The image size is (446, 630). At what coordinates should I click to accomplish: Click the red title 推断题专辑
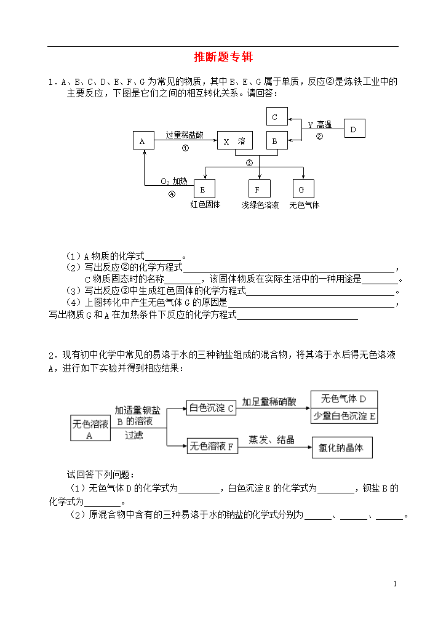click(x=223, y=57)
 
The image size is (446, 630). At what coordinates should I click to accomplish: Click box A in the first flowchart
click(x=143, y=141)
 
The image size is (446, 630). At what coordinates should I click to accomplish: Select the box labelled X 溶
click(x=235, y=141)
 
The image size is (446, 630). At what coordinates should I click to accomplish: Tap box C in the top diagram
click(x=277, y=116)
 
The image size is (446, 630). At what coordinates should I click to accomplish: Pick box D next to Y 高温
click(x=354, y=129)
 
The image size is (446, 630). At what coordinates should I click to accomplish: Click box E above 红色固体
click(x=204, y=189)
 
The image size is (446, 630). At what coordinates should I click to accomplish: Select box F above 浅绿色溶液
click(x=260, y=189)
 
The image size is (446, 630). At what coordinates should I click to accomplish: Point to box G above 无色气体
click(x=303, y=189)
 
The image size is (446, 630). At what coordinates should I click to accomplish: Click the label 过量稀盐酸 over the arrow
click(x=185, y=135)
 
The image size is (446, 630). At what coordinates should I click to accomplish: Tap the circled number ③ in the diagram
click(x=250, y=162)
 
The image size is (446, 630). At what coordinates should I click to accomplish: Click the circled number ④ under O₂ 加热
click(x=172, y=194)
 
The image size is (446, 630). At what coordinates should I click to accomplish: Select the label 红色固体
click(x=205, y=204)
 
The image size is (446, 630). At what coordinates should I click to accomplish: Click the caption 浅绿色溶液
click(x=260, y=205)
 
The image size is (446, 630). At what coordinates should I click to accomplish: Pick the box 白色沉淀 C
click(x=212, y=408)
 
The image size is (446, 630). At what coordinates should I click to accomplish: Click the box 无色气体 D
click(x=344, y=399)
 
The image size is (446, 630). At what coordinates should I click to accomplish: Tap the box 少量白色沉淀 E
click(x=344, y=416)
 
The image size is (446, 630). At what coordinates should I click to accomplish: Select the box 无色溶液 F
click(x=213, y=446)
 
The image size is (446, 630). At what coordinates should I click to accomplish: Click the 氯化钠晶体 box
click(x=342, y=448)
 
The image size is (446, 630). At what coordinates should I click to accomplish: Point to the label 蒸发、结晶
click(x=271, y=439)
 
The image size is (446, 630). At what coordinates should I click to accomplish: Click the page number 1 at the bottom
click(x=396, y=584)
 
